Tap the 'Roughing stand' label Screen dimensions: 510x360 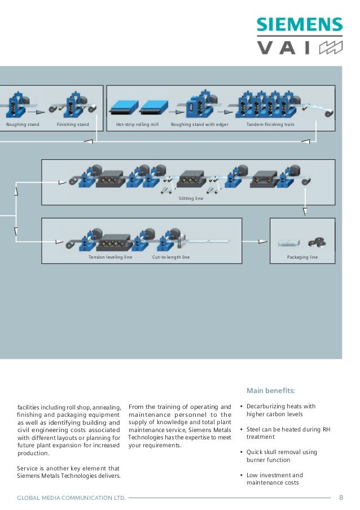(23, 124)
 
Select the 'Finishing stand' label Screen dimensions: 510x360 (73, 124)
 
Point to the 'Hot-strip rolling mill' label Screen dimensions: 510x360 (137, 124)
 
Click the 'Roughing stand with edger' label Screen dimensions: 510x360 (200, 124)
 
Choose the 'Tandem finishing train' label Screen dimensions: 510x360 (270, 124)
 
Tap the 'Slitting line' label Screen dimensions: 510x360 (191, 199)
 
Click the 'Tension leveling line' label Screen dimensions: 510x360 (110, 257)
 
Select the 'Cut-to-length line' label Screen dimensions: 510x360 (171, 257)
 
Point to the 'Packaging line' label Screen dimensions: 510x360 (302, 257)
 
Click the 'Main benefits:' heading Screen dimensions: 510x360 (271, 390)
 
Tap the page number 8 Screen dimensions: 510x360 (341, 498)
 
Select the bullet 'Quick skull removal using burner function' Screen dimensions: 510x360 (282, 456)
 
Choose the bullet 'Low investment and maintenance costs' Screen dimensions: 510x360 (275, 479)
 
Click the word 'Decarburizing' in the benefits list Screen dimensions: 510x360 (266, 406)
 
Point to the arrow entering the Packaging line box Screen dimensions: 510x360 (262, 241)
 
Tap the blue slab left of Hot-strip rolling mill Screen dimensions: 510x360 (120, 106)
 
